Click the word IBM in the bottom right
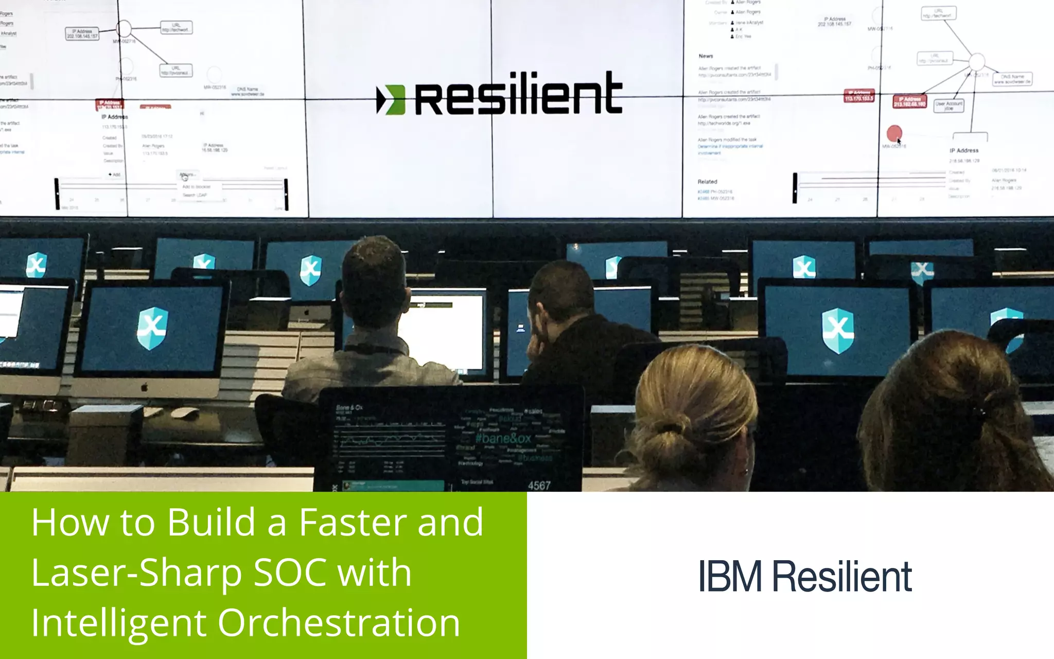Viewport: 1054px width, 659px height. click(730, 576)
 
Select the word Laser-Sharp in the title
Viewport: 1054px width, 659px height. click(136, 573)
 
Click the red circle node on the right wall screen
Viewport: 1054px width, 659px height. click(894, 133)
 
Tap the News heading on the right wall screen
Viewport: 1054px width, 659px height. click(706, 56)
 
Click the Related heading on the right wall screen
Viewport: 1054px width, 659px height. click(707, 182)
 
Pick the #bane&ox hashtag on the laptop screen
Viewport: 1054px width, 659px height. click(503, 439)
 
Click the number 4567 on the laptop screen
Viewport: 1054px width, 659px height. click(539, 485)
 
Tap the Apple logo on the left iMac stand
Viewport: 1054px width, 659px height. click(145, 387)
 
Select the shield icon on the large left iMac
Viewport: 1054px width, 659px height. click(152, 328)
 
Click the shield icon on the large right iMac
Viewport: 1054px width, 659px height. click(838, 330)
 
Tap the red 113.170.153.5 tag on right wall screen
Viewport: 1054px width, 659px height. click(859, 96)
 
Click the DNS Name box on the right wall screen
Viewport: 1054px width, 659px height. click(1012, 79)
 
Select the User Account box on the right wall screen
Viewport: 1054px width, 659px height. click(948, 106)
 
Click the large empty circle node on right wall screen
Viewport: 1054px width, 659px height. click(977, 62)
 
